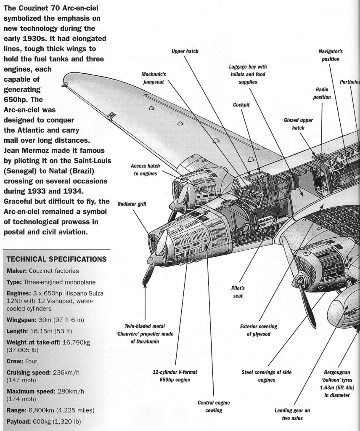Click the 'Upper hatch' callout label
[185, 51]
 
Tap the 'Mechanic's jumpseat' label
[154, 77]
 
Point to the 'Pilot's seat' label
[238, 291]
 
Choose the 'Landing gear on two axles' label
[292, 414]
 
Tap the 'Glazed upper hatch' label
[298, 123]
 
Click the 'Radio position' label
[322, 93]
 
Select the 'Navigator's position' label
[331, 55]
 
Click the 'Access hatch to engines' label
[144, 170]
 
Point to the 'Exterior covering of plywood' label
[255, 330]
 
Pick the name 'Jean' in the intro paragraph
[12, 150]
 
